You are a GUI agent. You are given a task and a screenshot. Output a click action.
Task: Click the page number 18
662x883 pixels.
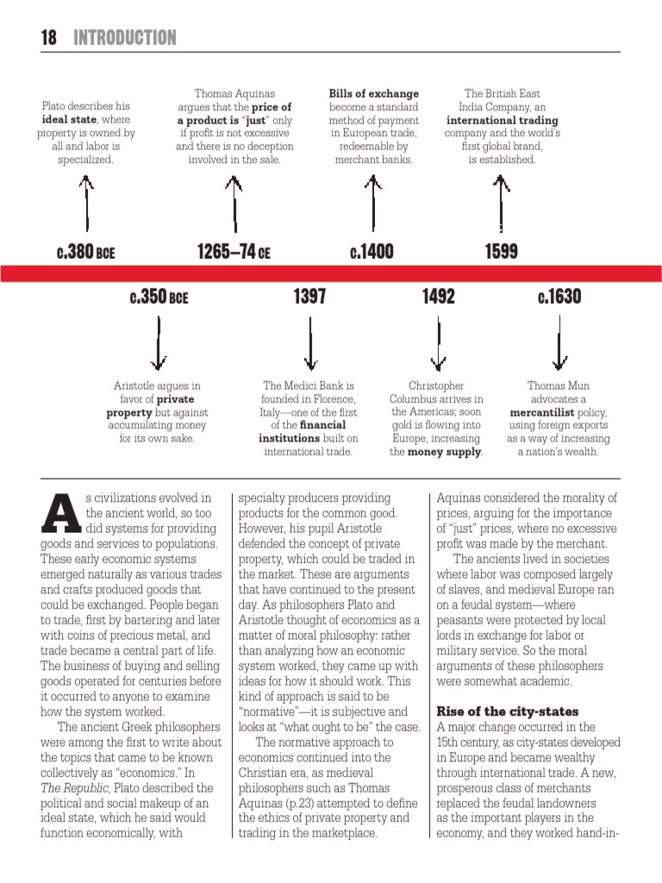tap(48, 38)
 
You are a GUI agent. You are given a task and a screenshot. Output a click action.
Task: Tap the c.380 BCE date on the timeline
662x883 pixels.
tap(85, 252)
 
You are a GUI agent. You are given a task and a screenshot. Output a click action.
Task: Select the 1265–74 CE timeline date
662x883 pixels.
tap(233, 252)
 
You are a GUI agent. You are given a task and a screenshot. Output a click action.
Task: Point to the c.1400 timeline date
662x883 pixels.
tap(372, 252)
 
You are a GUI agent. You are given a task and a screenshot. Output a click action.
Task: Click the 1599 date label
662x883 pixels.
tap(501, 252)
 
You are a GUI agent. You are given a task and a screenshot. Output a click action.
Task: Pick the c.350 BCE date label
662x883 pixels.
tap(159, 297)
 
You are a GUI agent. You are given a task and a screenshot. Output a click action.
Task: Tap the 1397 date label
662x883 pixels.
tap(309, 297)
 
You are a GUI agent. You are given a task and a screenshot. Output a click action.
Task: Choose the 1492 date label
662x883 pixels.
tap(438, 297)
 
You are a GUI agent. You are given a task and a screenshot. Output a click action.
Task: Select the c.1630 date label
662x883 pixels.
tap(559, 297)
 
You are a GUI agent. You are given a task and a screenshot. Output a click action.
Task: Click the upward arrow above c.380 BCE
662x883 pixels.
tap(85, 203)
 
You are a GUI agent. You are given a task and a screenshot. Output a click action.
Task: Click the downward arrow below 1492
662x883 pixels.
tap(438, 342)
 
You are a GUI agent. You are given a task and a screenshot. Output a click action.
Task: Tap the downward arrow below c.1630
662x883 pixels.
tap(559, 342)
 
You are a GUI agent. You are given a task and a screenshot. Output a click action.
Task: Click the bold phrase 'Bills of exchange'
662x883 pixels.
tap(373, 94)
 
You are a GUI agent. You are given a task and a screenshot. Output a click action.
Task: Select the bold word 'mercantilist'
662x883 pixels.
tap(542, 412)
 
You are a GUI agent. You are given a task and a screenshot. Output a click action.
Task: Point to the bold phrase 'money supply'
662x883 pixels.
tap(444, 452)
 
